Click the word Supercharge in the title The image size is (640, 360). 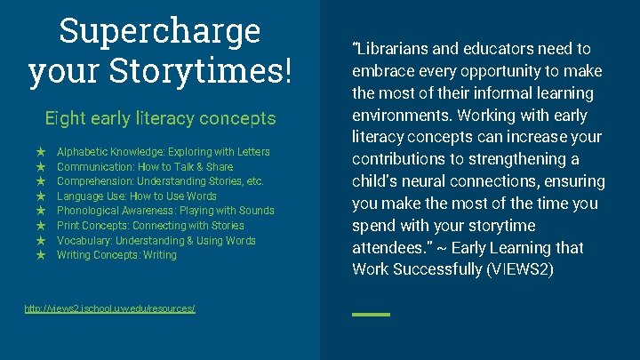click(160, 32)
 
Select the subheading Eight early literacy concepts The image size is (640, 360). click(160, 118)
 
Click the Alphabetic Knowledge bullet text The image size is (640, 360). click(163, 152)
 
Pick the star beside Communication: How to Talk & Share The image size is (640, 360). click(40, 167)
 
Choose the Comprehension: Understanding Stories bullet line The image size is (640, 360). click(160, 181)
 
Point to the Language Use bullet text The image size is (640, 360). click(136, 196)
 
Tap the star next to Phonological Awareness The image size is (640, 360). click(40, 211)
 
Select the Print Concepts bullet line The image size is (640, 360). click(150, 226)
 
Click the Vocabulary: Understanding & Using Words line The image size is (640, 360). click(156, 241)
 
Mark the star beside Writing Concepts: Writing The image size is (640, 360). click(40, 255)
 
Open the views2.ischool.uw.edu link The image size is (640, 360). click(110, 308)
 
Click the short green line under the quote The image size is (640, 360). click(371, 315)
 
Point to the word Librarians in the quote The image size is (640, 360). click(396, 49)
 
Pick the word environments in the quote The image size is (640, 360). click(397, 116)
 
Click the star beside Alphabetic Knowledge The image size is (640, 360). click(40, 152)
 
